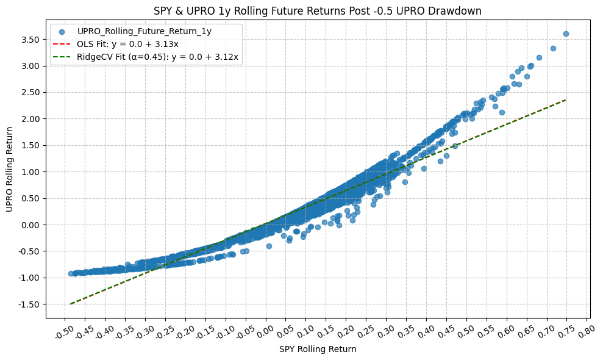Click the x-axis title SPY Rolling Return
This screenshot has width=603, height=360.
(x=318, y=349)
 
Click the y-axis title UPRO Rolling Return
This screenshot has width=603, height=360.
(x=10, y=170)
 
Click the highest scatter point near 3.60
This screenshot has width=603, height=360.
(x=566, y=34)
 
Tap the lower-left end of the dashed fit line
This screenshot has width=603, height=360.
(x=71, y=303)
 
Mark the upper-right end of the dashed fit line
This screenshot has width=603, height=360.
(x=566, y=100)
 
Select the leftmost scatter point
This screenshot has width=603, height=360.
(x=71, y=273)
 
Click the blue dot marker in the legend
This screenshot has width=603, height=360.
(x=62, y=31)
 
